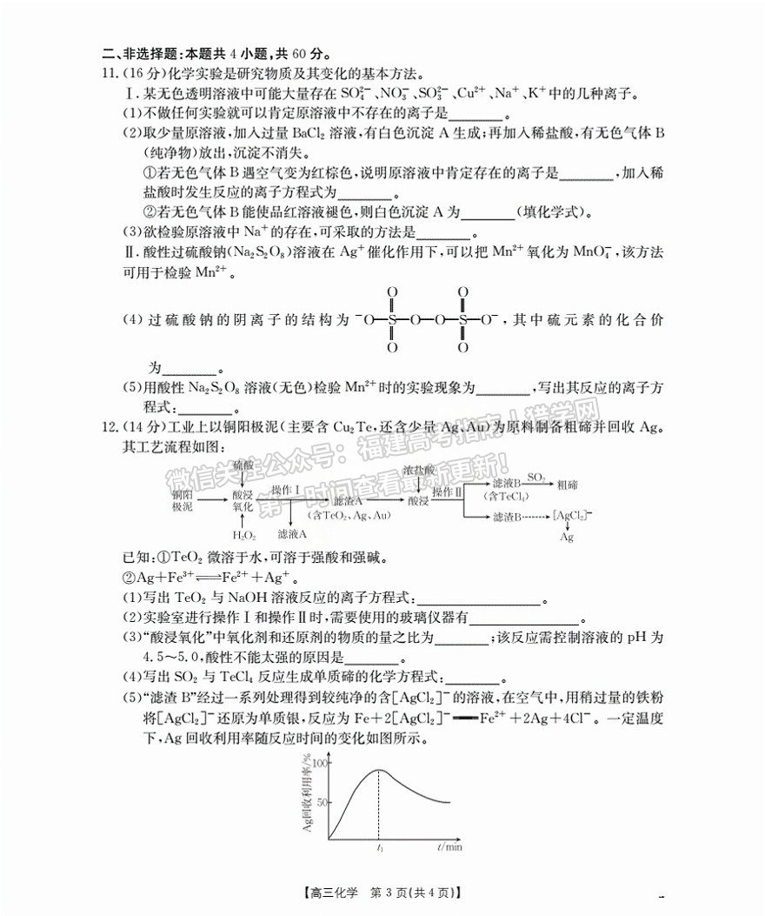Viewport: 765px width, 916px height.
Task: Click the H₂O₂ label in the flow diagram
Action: [245, 534]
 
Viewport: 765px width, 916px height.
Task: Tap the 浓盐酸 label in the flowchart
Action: [417, 470]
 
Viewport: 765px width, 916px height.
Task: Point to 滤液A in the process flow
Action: [292, 533]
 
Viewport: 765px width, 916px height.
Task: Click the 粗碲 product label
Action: [569, 483]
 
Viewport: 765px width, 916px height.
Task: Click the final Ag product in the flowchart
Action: [566, 537]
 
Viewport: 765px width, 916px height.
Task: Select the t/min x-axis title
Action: [449, 846]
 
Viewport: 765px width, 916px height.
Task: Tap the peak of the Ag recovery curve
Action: [379, 770]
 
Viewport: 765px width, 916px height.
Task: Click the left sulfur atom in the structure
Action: [393, 319]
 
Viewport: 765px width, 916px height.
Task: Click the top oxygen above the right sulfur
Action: [462, 292]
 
